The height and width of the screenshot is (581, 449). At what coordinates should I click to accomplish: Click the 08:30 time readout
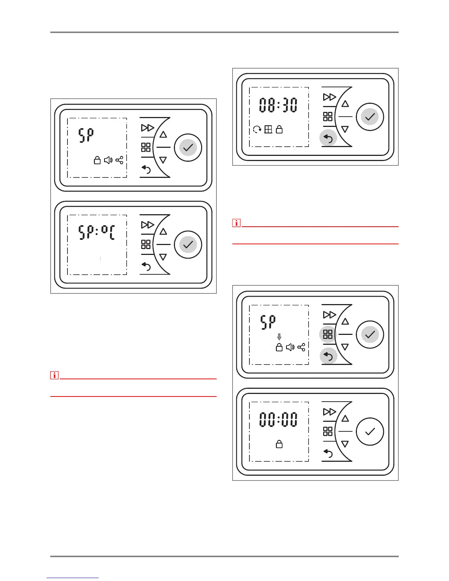pos(278,105)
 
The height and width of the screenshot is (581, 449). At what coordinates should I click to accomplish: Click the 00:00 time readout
pos(278,419)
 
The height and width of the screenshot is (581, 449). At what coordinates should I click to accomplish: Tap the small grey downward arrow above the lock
pos(279,337)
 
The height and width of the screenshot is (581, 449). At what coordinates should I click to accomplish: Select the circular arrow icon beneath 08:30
pos(257,129)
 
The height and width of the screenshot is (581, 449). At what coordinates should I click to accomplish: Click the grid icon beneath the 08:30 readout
pos(268,129)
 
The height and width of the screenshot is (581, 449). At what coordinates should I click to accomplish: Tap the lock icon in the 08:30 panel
pos(279,129)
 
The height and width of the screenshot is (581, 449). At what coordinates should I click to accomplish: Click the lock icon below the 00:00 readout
pos(279,445)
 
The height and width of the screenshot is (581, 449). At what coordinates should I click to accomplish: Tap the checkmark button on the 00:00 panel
pos(370,431)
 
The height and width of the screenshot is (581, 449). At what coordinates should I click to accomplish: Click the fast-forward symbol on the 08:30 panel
pos(329,97)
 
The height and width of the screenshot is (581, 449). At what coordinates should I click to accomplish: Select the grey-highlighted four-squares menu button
pos(328,334)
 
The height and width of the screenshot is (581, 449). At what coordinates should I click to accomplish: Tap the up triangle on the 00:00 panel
pos(345,419)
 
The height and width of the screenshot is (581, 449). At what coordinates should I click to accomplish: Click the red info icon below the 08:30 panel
pos(237,223)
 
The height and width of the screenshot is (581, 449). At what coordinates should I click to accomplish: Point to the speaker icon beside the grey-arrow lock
pos(290,347)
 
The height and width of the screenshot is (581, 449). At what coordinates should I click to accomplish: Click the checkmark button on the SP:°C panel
pos(188,245)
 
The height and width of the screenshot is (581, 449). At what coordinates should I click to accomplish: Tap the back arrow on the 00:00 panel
pos(328,454)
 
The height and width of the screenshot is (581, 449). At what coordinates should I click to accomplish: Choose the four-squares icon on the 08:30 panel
pos(328,117)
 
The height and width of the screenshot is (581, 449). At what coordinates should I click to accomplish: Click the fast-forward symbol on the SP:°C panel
pos(147,225)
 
